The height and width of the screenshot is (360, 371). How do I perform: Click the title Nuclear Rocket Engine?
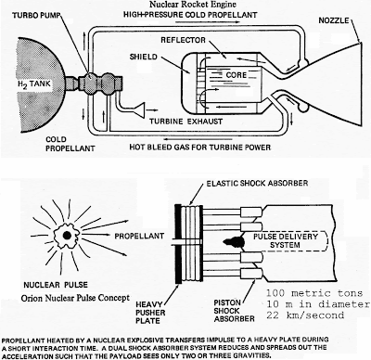tap(193, 5)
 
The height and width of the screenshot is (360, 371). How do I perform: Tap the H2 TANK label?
tap(33, 84)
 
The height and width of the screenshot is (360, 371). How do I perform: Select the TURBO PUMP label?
tap(35, 16)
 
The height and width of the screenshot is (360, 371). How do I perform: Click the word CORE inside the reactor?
tap(237, 75)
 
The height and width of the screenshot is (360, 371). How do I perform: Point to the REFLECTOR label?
tap(183, 40)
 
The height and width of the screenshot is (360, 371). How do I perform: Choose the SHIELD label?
tap(144, 57)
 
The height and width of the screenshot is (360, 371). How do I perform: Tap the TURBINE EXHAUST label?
tap(185, 122)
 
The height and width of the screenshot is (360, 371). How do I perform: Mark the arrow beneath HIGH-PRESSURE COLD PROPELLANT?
tap(208, 22)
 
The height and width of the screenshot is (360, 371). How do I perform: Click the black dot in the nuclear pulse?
tap(66, 236)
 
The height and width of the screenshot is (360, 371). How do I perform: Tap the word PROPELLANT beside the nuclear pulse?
tap(139, 236)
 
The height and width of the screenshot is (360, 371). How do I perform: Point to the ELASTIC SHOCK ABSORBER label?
tap(257, 183)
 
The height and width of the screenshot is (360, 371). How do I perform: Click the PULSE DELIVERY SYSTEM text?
tap(286, 241)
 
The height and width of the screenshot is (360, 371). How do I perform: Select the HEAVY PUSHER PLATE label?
tap(150, 313)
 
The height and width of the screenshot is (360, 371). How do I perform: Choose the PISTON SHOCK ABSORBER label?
tap(234, 311)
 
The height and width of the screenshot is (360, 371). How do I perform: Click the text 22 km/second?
tap(305, 315)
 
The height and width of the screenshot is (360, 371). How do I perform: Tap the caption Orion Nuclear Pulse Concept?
tap(75, 298)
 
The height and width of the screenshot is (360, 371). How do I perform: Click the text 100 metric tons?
tap(314, 293)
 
